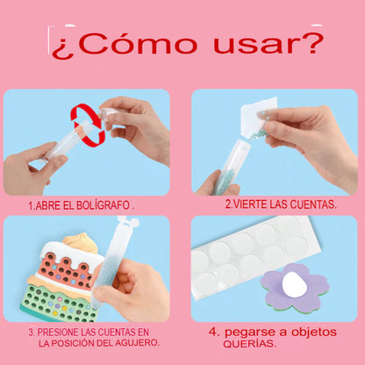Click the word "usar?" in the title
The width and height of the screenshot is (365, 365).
(x=268, y=44)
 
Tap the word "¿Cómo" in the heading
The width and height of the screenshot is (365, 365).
(x=125, y=45)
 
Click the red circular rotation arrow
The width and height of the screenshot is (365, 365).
(x=88, y=125)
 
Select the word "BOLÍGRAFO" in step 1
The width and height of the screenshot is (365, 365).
(x=103, y=205)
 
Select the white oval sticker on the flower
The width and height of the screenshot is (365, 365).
(x=295, y=284)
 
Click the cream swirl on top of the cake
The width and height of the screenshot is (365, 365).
(x=81, y=242)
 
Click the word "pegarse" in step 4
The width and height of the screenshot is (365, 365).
(x=250, y=333)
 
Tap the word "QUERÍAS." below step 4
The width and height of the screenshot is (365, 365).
(x=250, y=344)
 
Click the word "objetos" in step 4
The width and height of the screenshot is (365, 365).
(x=314, y=332)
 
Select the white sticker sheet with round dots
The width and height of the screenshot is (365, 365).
(x=255, y=256)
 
